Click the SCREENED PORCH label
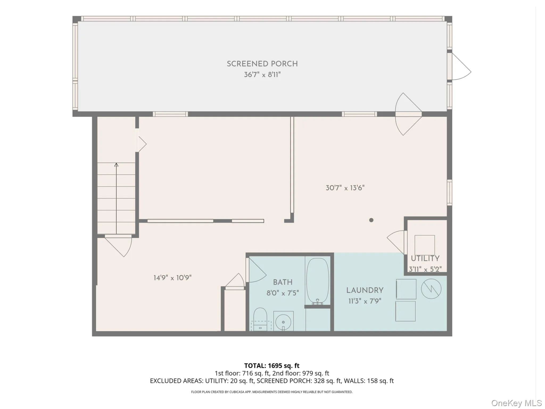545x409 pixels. click(262, 64)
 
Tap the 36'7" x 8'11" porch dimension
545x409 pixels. click(262, 75)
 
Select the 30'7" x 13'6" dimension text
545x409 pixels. click(345, 188)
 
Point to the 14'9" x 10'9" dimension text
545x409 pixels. click(172, 278)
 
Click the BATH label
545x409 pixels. click(283, 282)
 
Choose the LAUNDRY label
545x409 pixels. click(365, 290)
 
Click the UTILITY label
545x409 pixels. click(425, 259)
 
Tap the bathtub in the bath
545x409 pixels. click(317, 281)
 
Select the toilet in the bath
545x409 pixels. click(260, 318)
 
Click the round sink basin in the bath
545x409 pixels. click(283, 322)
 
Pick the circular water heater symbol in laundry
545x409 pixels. click(431, 289)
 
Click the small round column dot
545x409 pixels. click(371, 220)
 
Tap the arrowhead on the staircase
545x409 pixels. click(116, 165)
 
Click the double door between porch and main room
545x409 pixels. click(408, 114)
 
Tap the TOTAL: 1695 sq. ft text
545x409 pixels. click(272, 366)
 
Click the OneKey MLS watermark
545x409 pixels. click(516, 403)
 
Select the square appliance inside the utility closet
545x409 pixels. click(425, 245)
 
